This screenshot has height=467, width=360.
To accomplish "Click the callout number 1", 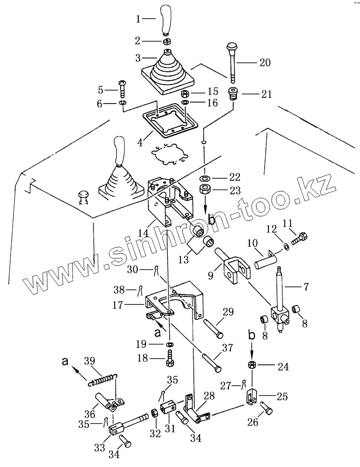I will click(x=138, y=19).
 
